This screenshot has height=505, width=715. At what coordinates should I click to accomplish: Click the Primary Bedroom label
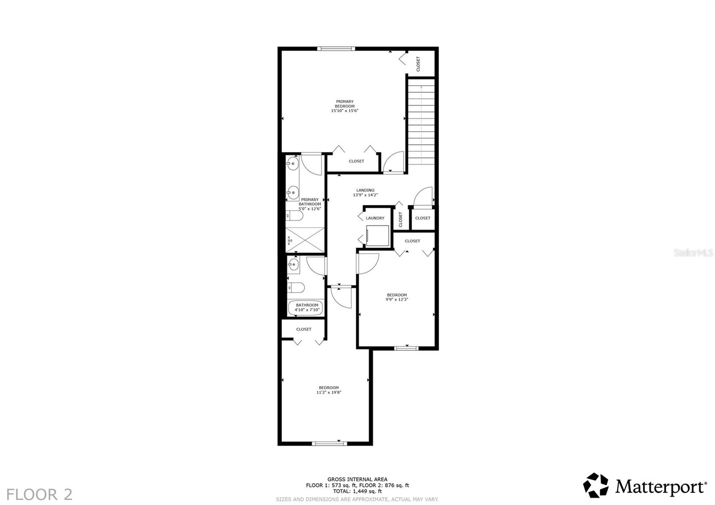click(345, 104)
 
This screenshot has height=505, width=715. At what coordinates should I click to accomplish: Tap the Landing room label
click(365, 190)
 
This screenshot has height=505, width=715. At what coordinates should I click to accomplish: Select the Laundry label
click(375, 218)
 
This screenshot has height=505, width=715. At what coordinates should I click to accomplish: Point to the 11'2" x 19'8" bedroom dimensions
click(329, 392)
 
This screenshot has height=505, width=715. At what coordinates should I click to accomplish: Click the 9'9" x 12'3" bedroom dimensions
click(397, 299)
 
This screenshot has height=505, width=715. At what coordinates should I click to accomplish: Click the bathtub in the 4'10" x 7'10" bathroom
click(306, 308)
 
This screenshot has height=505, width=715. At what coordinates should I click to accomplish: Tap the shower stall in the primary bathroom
click(305, 240)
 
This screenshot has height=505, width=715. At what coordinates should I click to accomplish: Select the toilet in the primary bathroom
click(294, 216)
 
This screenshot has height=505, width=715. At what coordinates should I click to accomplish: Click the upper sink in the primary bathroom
click(292, 164)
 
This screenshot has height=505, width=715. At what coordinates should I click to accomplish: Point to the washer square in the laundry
click(377, 236)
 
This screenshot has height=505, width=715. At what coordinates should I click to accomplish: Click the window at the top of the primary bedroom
click(336, 49)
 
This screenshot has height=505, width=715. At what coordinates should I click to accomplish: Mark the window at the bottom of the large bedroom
click(329, 443)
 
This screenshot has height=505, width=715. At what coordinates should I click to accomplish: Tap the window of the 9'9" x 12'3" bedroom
click(406, 348)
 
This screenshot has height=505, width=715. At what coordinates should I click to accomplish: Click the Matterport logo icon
click(596, 485)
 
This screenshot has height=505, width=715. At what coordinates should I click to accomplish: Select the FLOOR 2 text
click(40, 494)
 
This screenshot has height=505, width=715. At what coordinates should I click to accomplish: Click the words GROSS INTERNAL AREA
click(357, 479)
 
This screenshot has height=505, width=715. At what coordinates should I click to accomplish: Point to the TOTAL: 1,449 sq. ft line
click(357, 491)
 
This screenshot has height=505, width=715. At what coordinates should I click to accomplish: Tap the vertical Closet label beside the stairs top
click(418, 64)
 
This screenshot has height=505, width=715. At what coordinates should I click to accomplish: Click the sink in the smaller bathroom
click(293, 264)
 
